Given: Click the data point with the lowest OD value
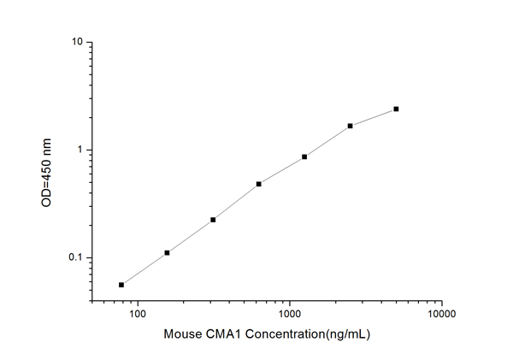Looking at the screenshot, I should tap(121, 285).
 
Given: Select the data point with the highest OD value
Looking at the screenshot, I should tap(396, 109).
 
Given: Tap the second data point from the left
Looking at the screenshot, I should tap(167, 252).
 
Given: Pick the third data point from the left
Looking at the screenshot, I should tap(213, 220).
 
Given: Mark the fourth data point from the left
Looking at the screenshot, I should tap(258, 184).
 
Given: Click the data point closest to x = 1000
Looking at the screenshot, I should tap(304, 156).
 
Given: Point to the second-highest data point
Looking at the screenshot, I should tap(351, 126).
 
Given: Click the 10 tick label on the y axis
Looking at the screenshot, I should tap(76, 42).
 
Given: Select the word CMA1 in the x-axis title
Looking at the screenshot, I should tap(222, 333).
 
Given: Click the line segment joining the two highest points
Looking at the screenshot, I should tap(374, 117).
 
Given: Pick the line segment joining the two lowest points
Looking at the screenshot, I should tap(144, 269).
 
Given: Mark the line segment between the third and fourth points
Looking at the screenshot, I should tap(235, 202).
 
